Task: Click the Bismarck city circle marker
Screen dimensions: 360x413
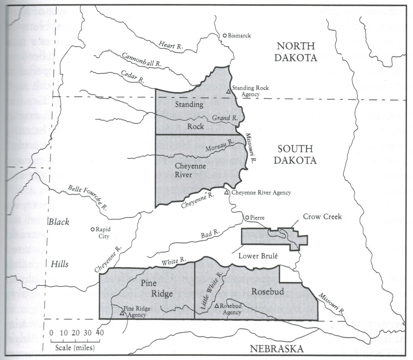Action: [x=225, y=36]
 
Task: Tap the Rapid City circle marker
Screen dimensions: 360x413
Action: [x=92, y=229]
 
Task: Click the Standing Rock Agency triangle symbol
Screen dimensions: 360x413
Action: [x=228, y=92]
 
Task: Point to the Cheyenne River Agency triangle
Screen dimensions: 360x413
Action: [x=227, y=193]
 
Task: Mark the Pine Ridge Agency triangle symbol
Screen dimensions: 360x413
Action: [x=122, y=312]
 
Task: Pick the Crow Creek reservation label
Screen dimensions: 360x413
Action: [x=323, y=217]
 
